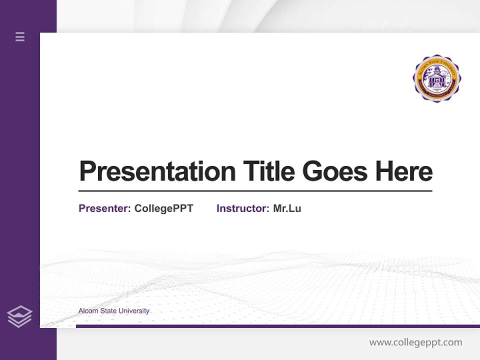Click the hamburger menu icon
(20, 36)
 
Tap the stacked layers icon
(19, 316)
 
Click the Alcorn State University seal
(436, 78)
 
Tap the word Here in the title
(404, 171)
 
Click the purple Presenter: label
(104, 208)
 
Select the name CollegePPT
(163, 208)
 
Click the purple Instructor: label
(242, 208)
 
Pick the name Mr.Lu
(287, 208)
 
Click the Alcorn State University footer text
(114, 311)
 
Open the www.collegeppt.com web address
(415, 342)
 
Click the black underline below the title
(255, 191)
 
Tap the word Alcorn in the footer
(88, 311)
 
